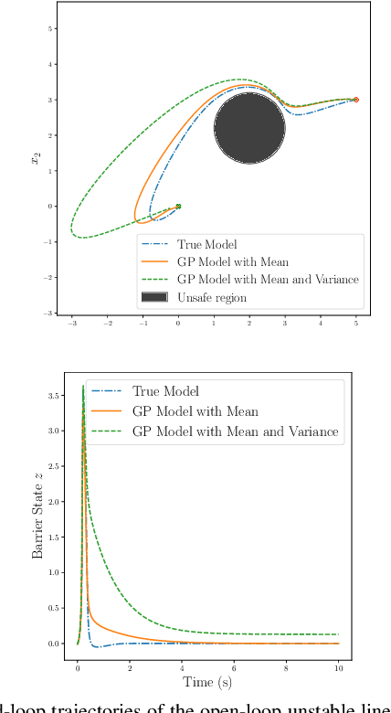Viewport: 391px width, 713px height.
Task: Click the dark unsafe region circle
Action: pos(249,128)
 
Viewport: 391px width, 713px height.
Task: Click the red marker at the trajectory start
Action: pos(356,99)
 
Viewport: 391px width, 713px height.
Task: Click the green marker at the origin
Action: pos(178,206)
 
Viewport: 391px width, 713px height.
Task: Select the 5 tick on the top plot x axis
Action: pos(356,323)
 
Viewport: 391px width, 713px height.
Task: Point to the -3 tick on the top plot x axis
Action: pos(72,323)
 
